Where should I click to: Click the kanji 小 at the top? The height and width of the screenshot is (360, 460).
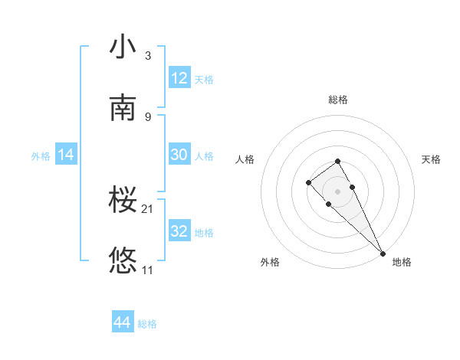pyautogui.click(x=123, y=47)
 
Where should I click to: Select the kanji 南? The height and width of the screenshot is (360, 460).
pyautogui.click(x=123, y=108)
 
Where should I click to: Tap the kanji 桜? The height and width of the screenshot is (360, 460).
pyautogui.click(x=123, y=201)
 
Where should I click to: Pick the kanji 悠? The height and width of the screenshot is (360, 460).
pyautogui.click(x=123, y=261)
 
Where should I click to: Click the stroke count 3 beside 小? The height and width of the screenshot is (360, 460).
pyautogui.click(x=148, y=56)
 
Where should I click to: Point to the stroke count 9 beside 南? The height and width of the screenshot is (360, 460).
pyautogui.click(x=148, y=116)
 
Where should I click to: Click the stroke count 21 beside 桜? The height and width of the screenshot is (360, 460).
pyautogui.click(x=149, y=208)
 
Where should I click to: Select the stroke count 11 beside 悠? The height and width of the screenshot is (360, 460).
pyautogui.click(x=149, y=270)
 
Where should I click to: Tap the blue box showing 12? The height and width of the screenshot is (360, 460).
pyautogui.click(x=179, y=78)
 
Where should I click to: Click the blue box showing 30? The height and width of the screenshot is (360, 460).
pyautogui.click(x=179, y=155)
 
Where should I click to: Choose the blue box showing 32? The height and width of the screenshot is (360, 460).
pyautogui.click(x=179, y=231)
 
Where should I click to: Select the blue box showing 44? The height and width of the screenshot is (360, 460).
pyautogui.click(x=123, y=323)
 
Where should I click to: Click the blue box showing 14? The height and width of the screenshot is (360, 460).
pyautogui.click(x=66, y=155)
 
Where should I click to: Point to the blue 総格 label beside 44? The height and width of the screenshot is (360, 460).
pyautogui.click(x=147, y=324)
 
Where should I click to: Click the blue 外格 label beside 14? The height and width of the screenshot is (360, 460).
pyautogui.click(x=41, y=155)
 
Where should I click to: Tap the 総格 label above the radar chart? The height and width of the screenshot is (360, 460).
pyautogui.click(x=338, y=100)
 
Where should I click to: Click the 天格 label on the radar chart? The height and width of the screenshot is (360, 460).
pyautogui.click(x=432, y=159)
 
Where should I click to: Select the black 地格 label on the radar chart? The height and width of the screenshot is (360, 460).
pyautogui.click(x=402, y=262)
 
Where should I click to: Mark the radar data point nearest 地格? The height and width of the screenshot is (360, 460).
pyautogui.click(x=383, y=253)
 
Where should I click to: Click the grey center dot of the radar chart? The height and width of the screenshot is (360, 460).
pyautogui.click(x=338, y=191)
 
